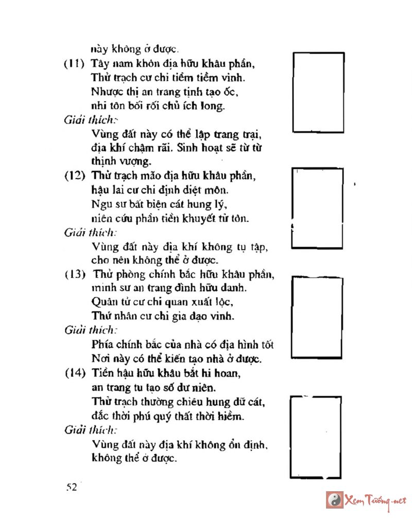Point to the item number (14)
tap(75, 372)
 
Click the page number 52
tap(72, 488)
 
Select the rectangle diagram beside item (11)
tap(318, 92)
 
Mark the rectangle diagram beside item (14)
tap(316, 436)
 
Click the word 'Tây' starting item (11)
tap(99, 65)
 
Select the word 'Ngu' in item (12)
tap(100, 204)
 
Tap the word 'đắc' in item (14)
tap(100, 415)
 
